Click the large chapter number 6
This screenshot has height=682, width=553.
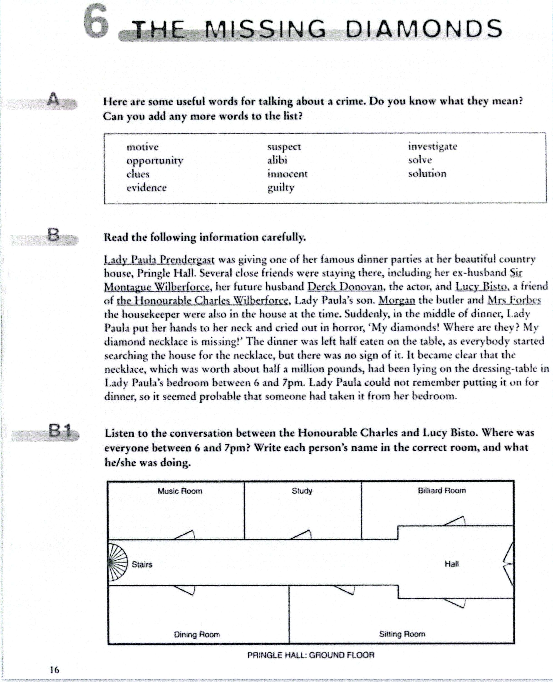96,22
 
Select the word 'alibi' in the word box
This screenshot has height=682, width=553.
277,160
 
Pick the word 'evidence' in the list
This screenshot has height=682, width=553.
146,188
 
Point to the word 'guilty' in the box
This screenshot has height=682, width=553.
281,188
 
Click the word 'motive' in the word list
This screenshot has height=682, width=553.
142,147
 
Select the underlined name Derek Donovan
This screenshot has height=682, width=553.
345,286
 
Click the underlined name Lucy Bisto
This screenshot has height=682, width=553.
481,286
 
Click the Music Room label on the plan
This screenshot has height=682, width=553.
180,491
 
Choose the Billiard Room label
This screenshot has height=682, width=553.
441,491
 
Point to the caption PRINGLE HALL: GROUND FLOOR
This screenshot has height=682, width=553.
311,655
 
